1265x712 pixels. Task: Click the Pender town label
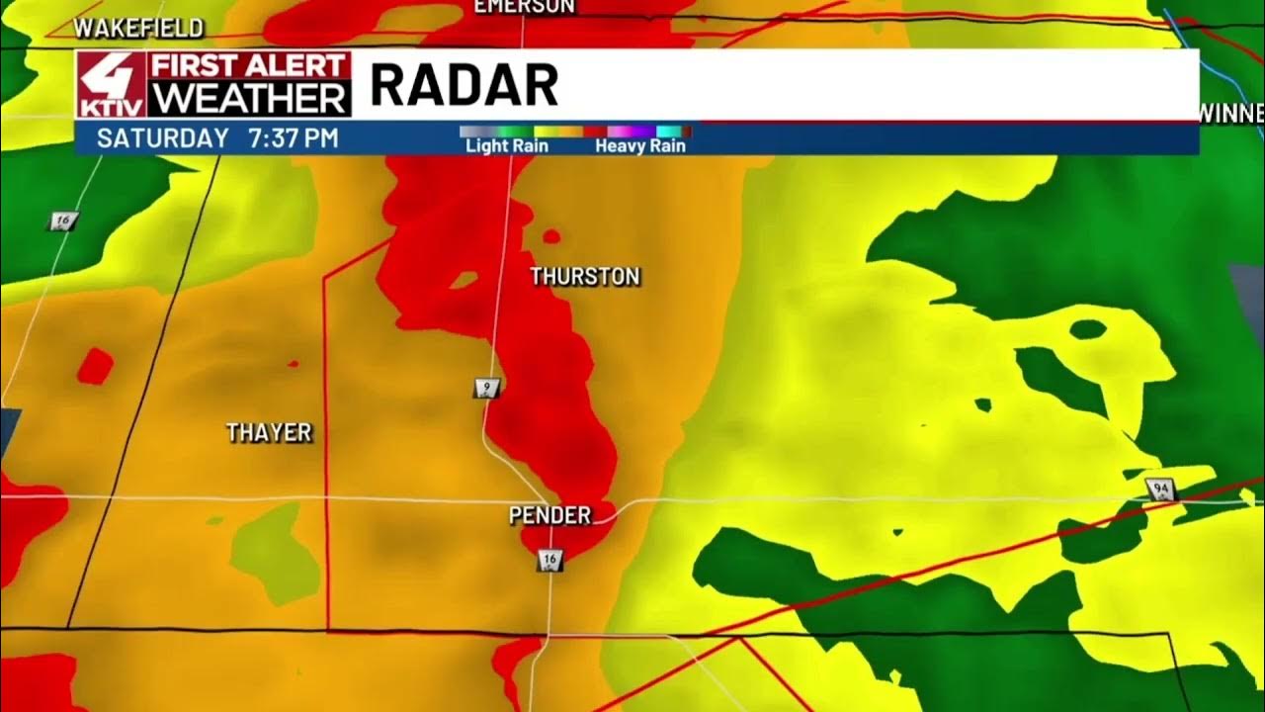click(x=549, y=515)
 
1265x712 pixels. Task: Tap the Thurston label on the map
click(x=585, y=277)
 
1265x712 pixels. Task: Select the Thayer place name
click(x=269, y=432)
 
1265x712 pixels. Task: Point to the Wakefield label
click(x=138, y=28)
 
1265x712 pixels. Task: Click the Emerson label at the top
click(x=524, y=6)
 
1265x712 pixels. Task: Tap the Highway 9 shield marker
click(x=486, y=388)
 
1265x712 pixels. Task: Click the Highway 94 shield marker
click(x=1160, y=489)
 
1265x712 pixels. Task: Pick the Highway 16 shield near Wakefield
click(x=62, y=222)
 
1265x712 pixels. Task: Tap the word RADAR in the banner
click(x=464, y=86)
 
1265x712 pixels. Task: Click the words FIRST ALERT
click(x=249, y=66)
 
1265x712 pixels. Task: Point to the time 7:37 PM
click(x=294, y=138)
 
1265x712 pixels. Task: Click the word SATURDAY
click(x=162, y=138)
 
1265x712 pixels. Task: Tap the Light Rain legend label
click(x=506, y=146)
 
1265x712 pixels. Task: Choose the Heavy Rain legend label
click(x=639, y=146)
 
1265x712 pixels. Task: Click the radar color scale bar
click(x=575, y=131)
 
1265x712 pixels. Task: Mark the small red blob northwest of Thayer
click(x=95, y=366)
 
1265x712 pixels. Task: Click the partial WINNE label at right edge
click(x=1231, y=113)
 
